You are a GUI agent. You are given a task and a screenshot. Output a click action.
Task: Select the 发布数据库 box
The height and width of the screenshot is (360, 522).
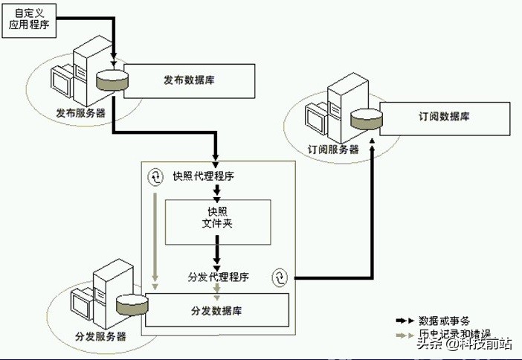click(190, 80)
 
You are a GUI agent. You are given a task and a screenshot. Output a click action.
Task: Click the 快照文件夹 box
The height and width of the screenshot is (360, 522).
click(216, 222)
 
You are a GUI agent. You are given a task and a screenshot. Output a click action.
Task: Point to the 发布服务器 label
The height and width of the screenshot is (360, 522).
click(80, 114)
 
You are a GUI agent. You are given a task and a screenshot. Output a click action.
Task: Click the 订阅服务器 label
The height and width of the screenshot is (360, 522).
click(333, 149)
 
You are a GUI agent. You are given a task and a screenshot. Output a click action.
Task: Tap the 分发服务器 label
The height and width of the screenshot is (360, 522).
click(100, 336)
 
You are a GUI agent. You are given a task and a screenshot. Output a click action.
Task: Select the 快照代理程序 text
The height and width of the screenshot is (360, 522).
click(204, 176)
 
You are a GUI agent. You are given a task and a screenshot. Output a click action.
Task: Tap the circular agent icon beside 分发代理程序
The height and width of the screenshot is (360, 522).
click(280, 277)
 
